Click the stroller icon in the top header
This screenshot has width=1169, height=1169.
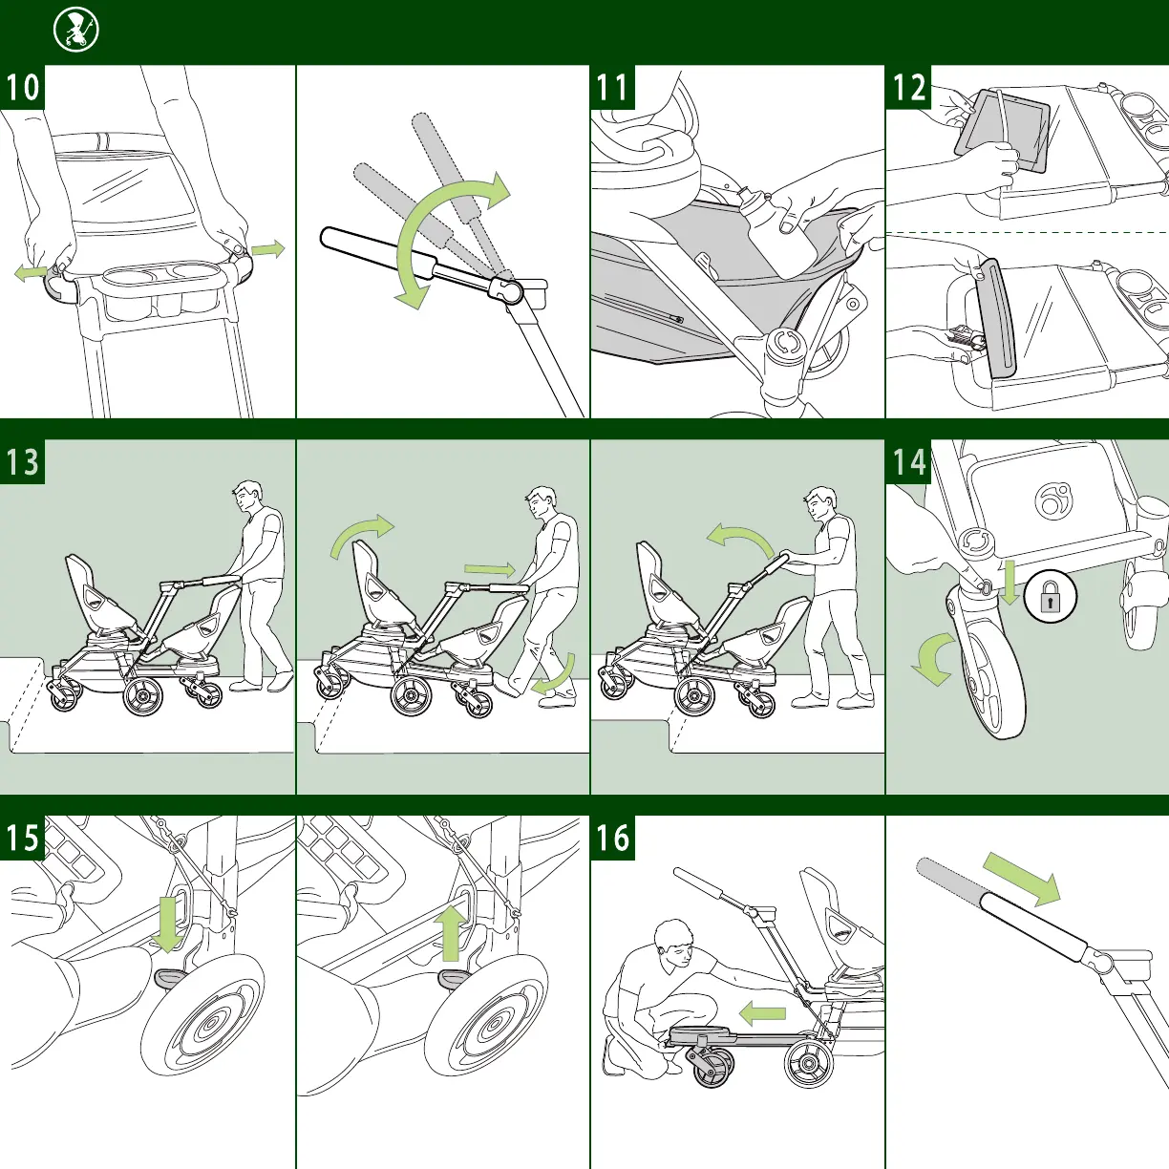(x=76, y=31)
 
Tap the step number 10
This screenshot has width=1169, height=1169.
(x=23, y=88)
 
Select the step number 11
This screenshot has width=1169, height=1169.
(x=612, y=88)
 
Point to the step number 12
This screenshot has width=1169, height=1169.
(x=909, y=88)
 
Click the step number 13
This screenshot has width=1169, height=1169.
(x=23, y=462)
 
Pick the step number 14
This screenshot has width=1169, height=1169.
(x=909, y=462)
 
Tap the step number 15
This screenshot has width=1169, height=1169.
(x=23, y=839)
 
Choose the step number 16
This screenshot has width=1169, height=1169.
(x=612, y=839)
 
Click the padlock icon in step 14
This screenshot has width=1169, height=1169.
(x=1051, y=599)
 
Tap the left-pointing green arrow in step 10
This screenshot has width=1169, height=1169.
(x=31, y=274)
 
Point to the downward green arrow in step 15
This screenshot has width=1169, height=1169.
(x=169, y=922)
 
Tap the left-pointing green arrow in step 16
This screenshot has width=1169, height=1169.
(x=763, y=1012)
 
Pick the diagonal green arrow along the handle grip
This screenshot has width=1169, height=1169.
(x=1022, y=878)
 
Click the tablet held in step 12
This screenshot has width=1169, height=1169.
(x=1002, y=132)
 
